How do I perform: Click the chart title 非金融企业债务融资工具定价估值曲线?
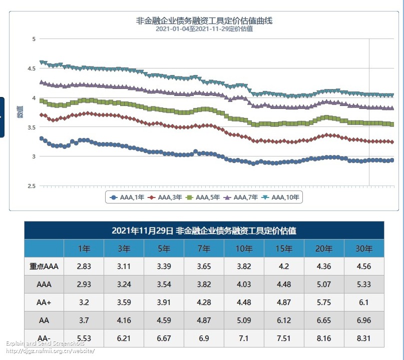pos(204,21)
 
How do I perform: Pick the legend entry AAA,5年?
pos(203,197)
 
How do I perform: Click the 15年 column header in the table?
pos(284,248)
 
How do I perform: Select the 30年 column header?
pos(364,248)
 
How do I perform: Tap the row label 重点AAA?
pos(44,266)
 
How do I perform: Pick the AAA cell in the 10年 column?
pos(244,284)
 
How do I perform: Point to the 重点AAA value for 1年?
pos(84,266)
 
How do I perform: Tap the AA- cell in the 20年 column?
pos(324,338)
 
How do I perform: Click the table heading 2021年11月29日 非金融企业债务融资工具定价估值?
pos(204,230)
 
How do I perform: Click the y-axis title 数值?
pos(20,112)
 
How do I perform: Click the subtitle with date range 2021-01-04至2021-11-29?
pos(204,29)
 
